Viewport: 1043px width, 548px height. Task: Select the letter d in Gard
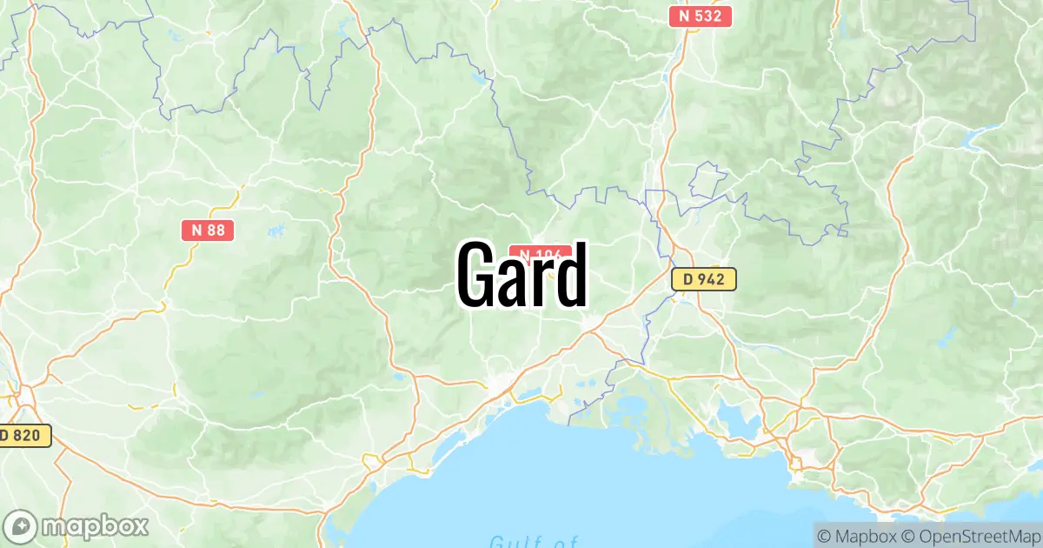[x=570, y=275]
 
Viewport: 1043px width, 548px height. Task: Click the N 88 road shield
[x=208, y=230]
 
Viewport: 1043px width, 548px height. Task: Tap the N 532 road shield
[x=701, y=16]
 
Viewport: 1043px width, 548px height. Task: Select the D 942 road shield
[x=704, y=279]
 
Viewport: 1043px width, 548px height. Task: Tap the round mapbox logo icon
[x=20, y=526]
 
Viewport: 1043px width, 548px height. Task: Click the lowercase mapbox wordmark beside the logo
[x=96, y=526]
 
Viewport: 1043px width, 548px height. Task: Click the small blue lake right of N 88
[x=276, y=231]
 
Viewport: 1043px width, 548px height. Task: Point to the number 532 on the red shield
[x=708, y=16]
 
